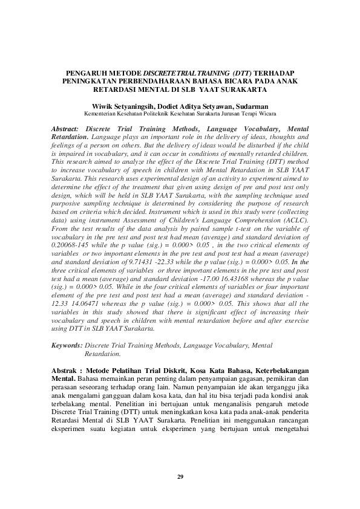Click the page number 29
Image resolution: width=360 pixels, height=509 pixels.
(180, 478)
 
